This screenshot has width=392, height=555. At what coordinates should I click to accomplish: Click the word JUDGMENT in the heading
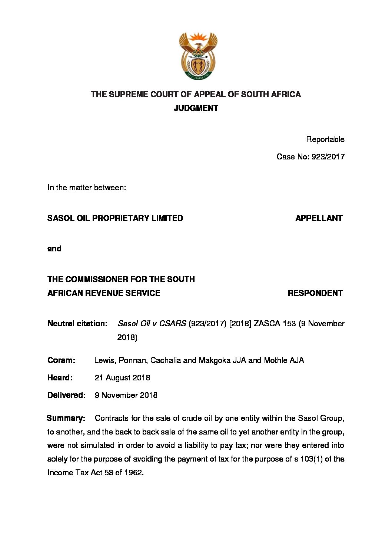(196, 108)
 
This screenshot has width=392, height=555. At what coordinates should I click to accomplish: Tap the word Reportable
(325, 139)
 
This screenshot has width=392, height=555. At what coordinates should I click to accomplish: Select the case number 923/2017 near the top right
(328, 157)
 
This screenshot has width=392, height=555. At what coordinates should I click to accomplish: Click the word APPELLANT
(319, 218)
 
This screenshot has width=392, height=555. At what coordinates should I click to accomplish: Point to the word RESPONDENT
(315, 293)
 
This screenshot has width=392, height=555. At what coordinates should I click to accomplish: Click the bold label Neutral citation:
(77, 324)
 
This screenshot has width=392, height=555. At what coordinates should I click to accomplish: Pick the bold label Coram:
(61, 360)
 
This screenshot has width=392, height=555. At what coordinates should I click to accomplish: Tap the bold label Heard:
(60, 378)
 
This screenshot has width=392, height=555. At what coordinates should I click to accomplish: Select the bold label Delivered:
(66, 395)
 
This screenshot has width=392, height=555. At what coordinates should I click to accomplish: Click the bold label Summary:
(66, 418)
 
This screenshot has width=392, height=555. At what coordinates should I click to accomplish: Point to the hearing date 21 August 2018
(122, 378)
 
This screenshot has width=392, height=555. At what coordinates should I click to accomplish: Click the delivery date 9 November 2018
(126, 395)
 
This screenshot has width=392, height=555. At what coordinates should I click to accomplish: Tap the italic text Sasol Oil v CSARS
(152, 324)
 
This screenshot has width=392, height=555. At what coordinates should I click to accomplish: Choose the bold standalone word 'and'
(54, 249)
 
